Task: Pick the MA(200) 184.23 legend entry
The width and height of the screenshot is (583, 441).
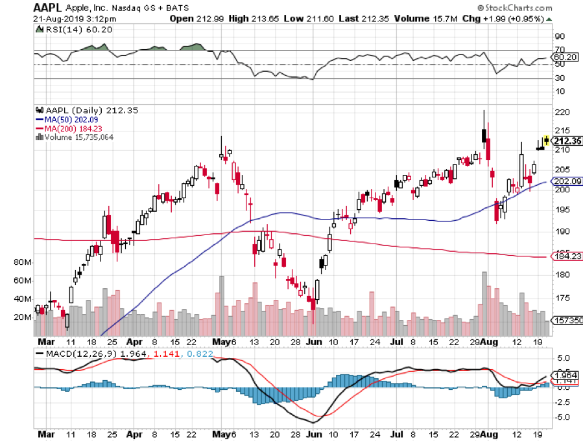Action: [x=73, y=128]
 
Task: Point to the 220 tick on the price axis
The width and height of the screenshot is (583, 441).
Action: [x=562, y=111]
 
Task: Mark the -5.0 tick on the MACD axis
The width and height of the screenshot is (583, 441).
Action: [x=562, y=417]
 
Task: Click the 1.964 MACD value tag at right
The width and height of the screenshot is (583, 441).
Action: [x=565, y=376]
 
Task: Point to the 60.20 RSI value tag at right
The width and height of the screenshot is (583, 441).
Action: [x=565, y=57]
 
